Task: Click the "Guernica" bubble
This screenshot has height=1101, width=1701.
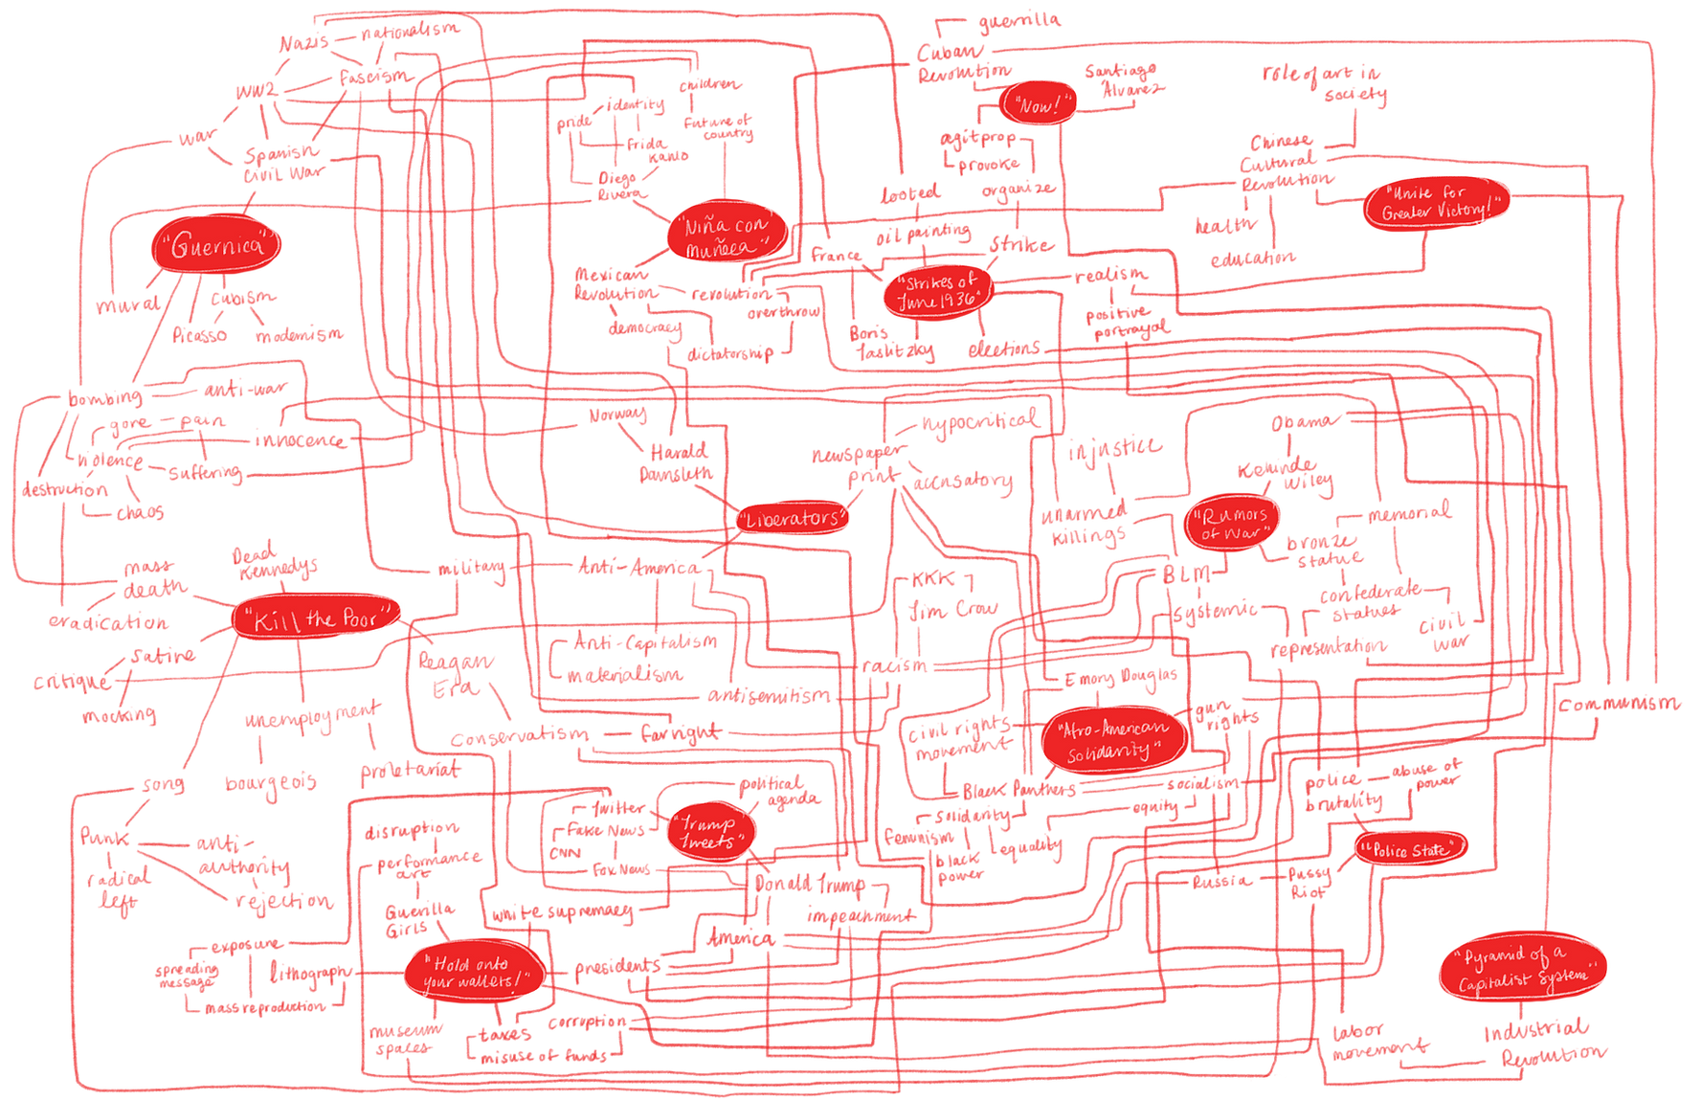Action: (x=217, y=245)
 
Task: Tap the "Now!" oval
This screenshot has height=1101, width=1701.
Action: (x=1039, y=103)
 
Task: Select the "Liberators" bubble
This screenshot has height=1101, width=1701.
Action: (x=793, y=519)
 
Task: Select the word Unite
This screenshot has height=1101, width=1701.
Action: (x=1414, y=192)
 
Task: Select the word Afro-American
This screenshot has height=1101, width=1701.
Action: (x=1113, y=730)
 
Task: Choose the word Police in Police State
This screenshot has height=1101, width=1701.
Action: (x=1389, y=850)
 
